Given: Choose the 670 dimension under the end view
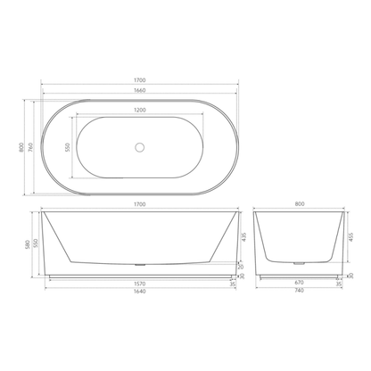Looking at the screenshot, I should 299,285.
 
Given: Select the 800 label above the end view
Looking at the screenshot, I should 299,204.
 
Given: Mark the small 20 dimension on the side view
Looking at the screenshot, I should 242,266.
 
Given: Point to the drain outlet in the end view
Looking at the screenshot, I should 299,262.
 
